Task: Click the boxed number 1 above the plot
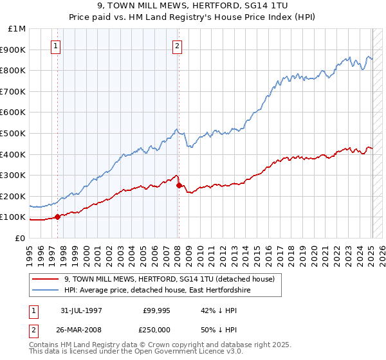click(x=57, y=46)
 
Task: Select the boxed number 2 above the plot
click(x=177, y=46)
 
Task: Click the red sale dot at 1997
click(x=58, y=217)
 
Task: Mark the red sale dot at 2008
click(x=178, y=185)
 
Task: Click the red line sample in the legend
click(x=47, y=279)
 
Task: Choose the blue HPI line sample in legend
click(x=47, y=290)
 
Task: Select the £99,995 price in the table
click(x=154, y=309)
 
